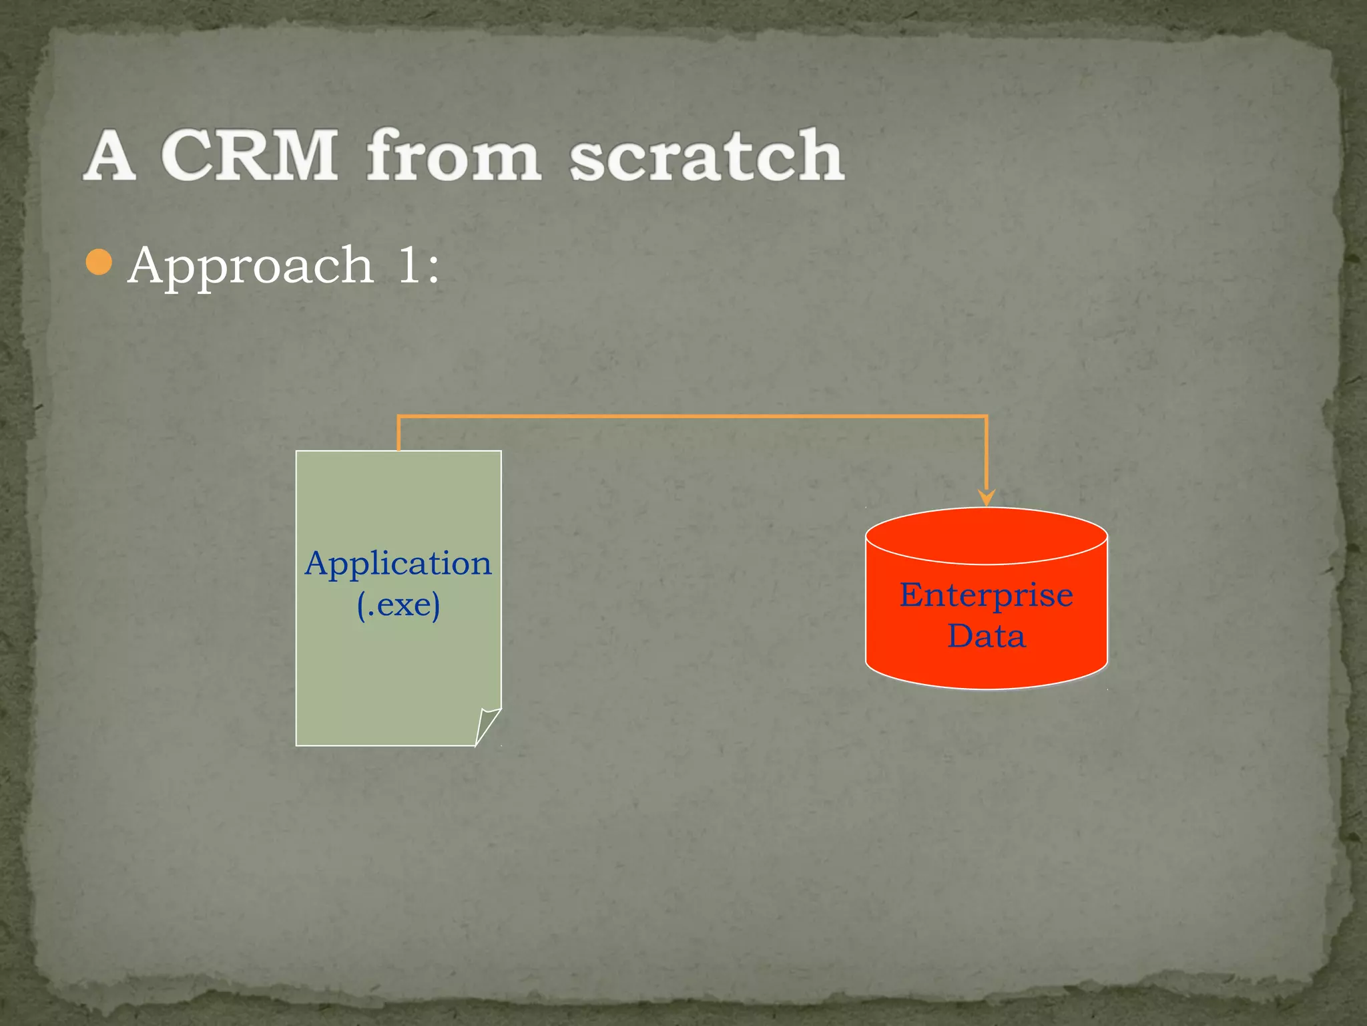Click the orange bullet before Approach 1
[x=99, y=263]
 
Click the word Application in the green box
[x=398, y=563]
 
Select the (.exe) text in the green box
[x=398, y=605]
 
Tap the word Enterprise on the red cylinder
[x=986, y=594]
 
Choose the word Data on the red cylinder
[x=986, y=635]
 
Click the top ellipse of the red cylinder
[x=986, y=535]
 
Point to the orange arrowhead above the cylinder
[x=986, y=498]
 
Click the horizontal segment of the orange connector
[x=692, y=416]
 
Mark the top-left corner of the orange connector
[x=398, y=417]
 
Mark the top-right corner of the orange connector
[x=986, y=417]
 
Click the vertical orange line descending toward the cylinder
[x=986, y=454]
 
